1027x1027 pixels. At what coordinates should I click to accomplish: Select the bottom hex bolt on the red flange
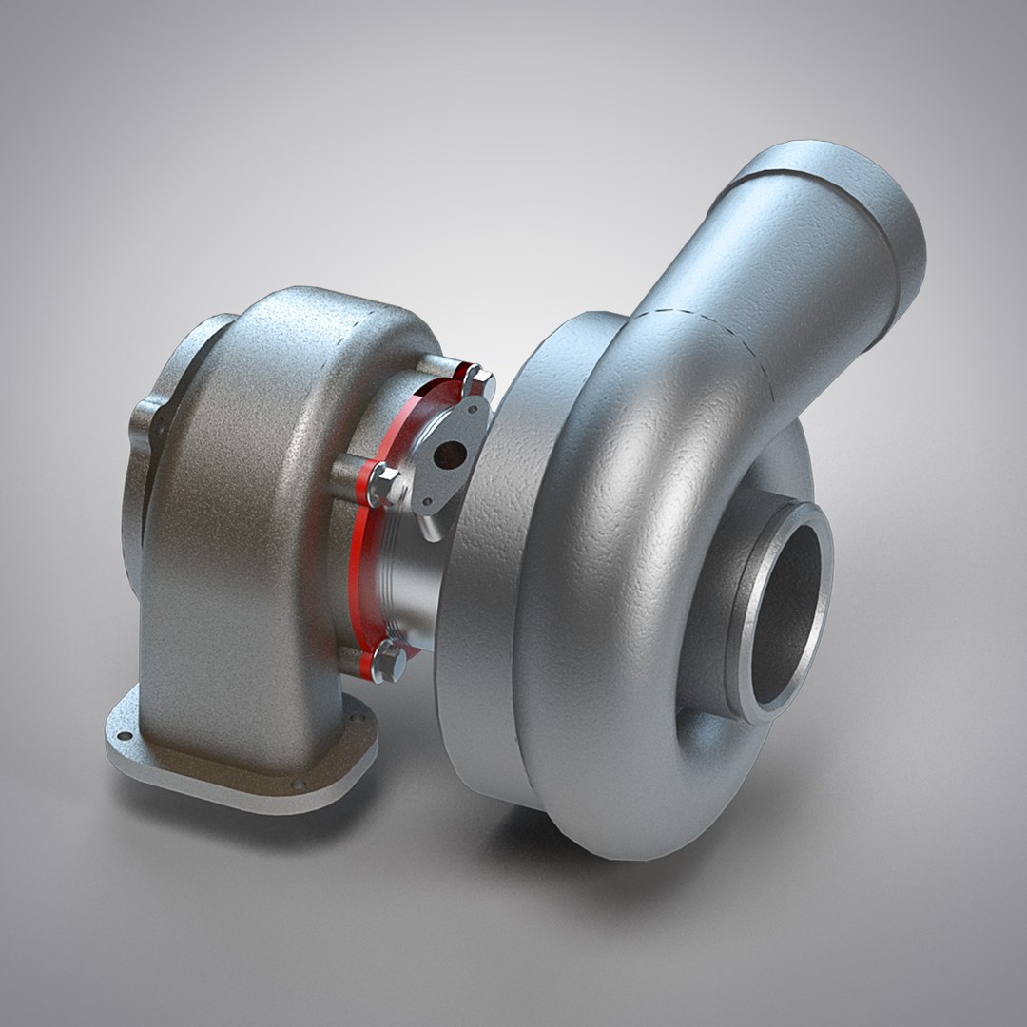[x=389, y=660]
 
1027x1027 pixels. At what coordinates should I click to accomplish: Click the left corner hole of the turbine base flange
[x=121, y=736]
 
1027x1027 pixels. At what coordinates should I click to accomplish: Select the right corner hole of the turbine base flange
[x=358, y=710]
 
